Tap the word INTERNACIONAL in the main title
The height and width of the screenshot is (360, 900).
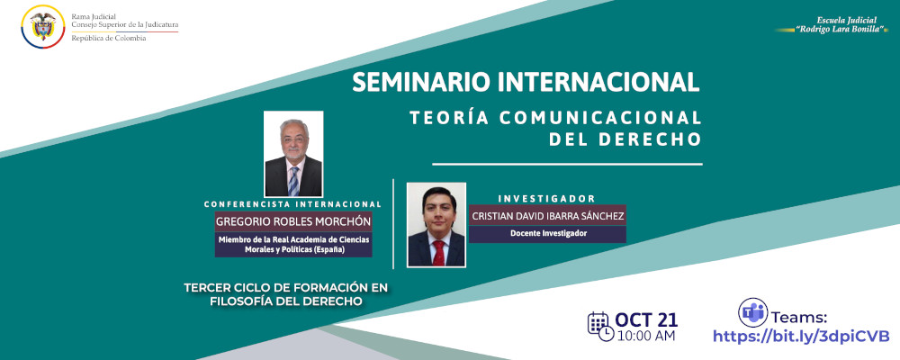(615, 82)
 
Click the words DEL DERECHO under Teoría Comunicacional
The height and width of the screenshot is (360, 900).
(625, 140)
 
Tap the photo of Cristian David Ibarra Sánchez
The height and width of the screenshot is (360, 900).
(436, 224)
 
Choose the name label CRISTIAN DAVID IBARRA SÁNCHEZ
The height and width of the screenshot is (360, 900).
(547, 216)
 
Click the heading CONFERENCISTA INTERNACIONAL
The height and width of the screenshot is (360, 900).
(293, 203)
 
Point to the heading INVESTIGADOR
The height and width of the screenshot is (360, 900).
(547, 198)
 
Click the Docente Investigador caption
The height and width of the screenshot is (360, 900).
(547, 234)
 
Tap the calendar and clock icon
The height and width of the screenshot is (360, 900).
(600, 326)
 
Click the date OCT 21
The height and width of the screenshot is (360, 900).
(648, 319)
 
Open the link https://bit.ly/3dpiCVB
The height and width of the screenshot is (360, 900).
(800, 336)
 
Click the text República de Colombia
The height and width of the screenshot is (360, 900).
(109, 39)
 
